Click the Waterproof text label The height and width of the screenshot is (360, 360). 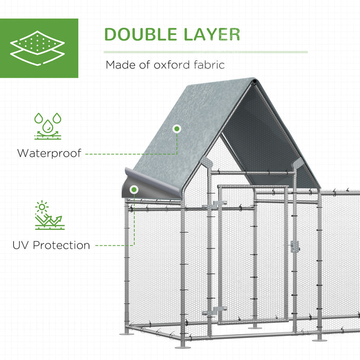click(49, 153)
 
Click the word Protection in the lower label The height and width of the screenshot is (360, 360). click(61, 245)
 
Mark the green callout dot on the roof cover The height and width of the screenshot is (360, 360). click(177, 129)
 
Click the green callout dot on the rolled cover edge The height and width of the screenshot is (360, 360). click(134, 191)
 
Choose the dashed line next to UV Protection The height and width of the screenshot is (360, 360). click(110, 246)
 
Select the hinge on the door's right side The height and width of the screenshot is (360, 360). click(295, 247)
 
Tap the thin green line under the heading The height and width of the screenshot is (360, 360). click(206, 52)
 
